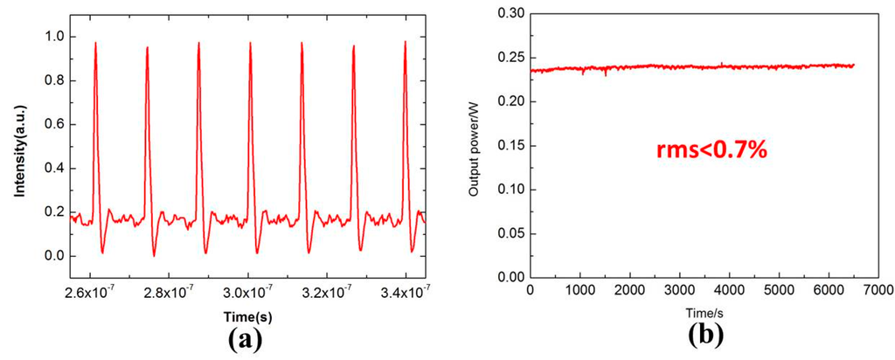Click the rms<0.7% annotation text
[x=711, y=150]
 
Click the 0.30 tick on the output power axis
[x=509, y=12]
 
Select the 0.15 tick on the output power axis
[x=509, y=145]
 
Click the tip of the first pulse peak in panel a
[x=96, y=42]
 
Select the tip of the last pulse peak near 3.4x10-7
[x=406, y=41]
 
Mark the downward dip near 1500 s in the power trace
[x=606, y=75]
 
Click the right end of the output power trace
[x=854, y=66]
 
